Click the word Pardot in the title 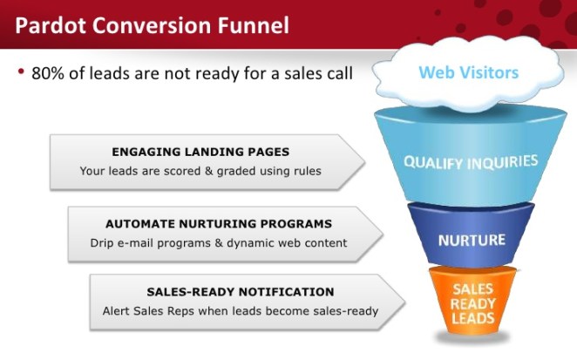51,25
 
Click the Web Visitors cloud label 468,71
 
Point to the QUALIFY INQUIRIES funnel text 470,162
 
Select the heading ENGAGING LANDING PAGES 200,151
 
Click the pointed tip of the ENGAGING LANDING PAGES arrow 363,161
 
